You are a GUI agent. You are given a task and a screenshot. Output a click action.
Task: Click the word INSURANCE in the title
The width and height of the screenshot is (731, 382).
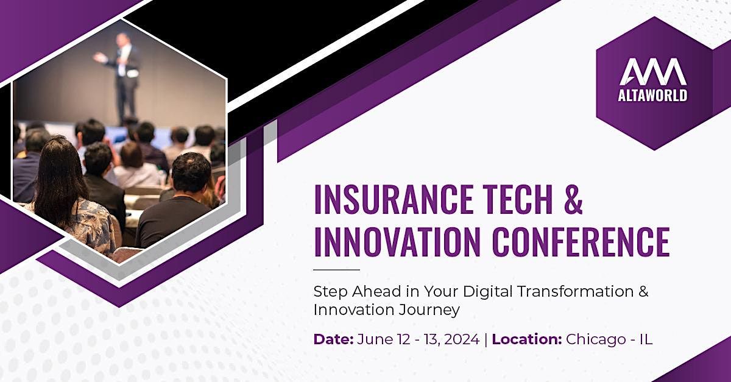pyautogui.click(x=394, y=199)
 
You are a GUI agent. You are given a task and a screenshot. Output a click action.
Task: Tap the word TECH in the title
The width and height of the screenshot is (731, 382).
pyautogui.click(x=517, y=199)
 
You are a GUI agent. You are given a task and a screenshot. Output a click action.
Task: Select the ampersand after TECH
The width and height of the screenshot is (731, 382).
pyautogui.click(x=573, y=199)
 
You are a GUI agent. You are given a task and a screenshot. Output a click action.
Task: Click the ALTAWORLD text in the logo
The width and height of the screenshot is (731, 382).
pyautogui.click(x=652, y=95)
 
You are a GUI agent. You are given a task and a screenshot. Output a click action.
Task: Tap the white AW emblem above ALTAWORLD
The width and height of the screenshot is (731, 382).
pyautogui.click(x=652, y=72)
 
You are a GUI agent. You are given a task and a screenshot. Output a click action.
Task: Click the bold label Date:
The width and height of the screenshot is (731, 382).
pyautogui.click(x=333, y=339)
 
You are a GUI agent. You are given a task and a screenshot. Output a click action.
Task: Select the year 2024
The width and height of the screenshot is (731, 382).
pyautogui.click(x=462, y=339)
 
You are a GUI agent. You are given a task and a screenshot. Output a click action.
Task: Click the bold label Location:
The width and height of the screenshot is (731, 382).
pyautogui.click(x=527, y=339)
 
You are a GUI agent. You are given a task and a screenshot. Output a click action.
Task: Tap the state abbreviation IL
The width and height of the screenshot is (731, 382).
pyautogui.click(x=646, y=339)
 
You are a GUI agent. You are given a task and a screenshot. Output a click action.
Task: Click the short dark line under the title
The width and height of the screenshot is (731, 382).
pyautogui.click(x=336, y=270)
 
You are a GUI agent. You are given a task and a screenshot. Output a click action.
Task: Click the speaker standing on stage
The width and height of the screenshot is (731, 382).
pyautogui.click(x=123, y=77)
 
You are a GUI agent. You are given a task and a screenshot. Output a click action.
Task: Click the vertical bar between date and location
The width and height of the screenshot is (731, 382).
pyautogui.click(x=486, y=339)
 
